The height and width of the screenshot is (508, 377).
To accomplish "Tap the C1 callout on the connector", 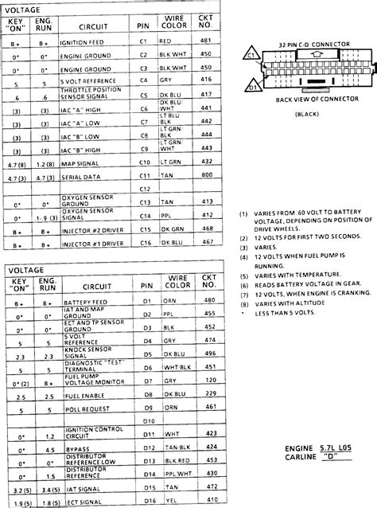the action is (250, 57).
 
